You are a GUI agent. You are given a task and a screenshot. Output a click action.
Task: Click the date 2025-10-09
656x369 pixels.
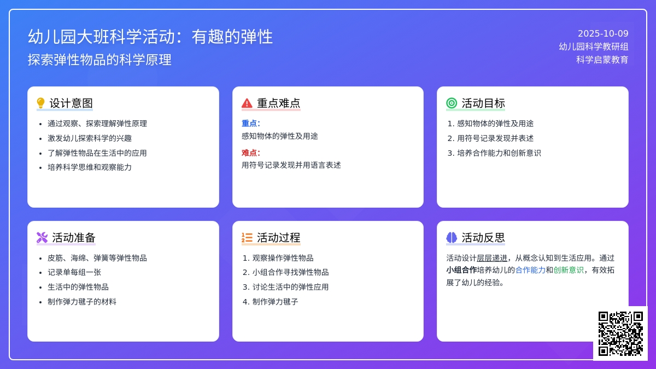603,33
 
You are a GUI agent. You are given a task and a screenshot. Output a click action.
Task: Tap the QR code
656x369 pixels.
620,333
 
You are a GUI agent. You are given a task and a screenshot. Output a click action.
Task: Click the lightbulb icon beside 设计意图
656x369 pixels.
40,103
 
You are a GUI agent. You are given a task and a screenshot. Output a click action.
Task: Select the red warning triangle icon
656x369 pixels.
247,103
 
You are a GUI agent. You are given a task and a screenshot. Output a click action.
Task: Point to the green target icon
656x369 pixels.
452,103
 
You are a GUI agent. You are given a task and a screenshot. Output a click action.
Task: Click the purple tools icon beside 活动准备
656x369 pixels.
42,237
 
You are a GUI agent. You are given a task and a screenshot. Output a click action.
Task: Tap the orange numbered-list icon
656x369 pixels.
247,237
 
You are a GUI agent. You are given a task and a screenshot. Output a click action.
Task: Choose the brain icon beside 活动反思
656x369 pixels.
452,237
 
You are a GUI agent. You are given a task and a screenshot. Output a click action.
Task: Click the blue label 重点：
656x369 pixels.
251,124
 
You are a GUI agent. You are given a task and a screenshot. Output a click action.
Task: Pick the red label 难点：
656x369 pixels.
251,153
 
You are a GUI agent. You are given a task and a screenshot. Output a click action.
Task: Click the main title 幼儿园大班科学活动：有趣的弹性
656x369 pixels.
150,37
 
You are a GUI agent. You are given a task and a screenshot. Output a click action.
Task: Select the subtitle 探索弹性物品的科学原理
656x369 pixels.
99,60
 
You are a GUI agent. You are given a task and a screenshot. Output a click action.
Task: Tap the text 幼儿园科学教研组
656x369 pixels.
593,47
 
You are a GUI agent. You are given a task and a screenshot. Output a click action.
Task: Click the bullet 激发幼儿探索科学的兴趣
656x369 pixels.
90,138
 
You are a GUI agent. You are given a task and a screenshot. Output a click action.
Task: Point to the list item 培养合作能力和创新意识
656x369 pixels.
499,153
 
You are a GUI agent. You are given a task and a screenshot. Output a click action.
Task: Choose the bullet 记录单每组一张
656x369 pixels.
74,272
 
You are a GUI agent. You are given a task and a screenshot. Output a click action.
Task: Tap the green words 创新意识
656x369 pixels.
569,270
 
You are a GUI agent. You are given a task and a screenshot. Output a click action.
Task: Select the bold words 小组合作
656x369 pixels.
461,270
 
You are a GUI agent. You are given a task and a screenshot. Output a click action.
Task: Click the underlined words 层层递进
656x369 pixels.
492,258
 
